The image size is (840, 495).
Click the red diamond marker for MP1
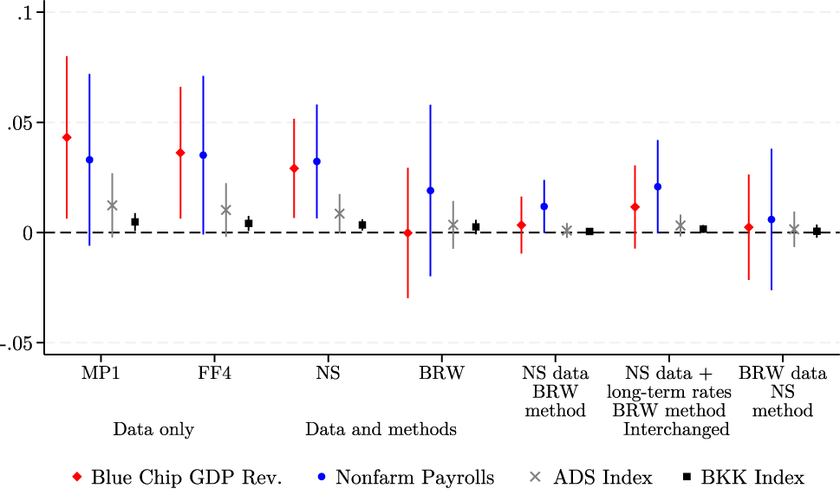click(67, 138)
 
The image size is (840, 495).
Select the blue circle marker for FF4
click(203, 155)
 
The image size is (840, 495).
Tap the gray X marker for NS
click(339, 213)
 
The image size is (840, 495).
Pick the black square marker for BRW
click(475, 227)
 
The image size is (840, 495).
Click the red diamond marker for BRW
click(407, 232)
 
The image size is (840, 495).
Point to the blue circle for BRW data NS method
click(771, 219)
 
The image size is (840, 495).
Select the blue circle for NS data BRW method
click(544, 206)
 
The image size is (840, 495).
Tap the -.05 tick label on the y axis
click(16, 343)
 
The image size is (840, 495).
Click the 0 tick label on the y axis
click(28, 233)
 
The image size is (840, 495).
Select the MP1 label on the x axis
click(101, 374)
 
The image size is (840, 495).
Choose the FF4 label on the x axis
click(214, 374)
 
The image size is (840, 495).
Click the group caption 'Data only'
click(153, 429)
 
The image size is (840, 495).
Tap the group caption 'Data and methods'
click(381, 429)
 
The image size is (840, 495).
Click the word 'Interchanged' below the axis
click(676, 429)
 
